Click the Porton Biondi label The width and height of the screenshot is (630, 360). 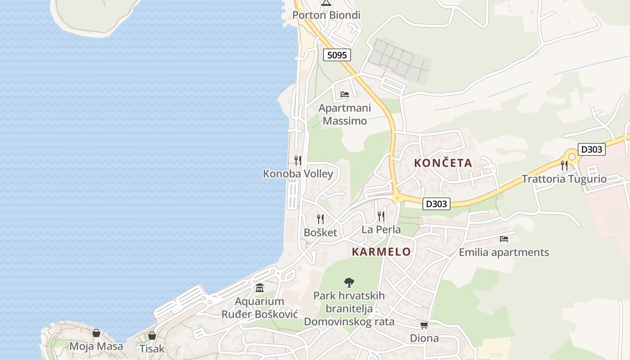(326, 15)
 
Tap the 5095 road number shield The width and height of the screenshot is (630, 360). (337, 55)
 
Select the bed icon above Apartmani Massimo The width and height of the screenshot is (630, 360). (345, 94)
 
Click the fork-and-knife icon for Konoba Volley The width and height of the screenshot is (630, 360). (297, 160)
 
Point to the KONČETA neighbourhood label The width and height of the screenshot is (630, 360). (443, 163)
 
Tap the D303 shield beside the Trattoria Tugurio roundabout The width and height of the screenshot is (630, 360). (591, 149)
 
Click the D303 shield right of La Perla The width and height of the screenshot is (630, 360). (436, 204)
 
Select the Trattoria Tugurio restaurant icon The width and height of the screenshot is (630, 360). (564, 165)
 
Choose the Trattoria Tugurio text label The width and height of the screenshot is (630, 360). (564, 179)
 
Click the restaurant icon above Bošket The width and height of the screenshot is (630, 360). (320, 219)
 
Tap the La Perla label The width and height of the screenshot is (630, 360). (381, 229)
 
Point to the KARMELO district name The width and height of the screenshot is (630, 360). (381, 252)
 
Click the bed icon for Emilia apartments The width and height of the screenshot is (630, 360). (504, 239)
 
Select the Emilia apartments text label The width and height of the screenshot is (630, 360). (504, 252)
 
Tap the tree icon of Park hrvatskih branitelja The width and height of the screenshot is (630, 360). (349, 283)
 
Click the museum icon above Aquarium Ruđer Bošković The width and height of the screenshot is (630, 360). (259, 288)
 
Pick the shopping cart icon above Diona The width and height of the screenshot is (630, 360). (424, 325)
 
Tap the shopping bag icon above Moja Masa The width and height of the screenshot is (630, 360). (96, 333)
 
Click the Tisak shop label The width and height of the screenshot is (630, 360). (152, 349)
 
